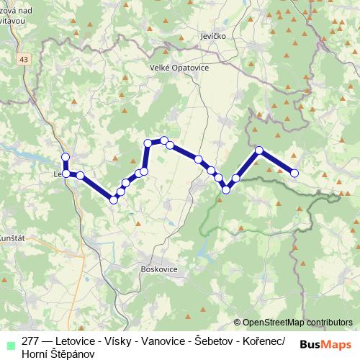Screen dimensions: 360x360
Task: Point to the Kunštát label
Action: [x=12, y=238]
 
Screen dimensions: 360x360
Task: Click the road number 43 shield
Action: [x=26, y=59]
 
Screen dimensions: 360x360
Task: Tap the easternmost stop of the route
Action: [x=294, y=173]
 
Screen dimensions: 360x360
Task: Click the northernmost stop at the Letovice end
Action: [x=66, y=157]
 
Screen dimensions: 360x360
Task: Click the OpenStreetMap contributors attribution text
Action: [x=297, y=322]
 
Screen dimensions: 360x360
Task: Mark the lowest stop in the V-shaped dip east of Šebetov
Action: [x=226, y=189]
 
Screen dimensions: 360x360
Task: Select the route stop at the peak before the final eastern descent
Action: [x=259, y=150]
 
